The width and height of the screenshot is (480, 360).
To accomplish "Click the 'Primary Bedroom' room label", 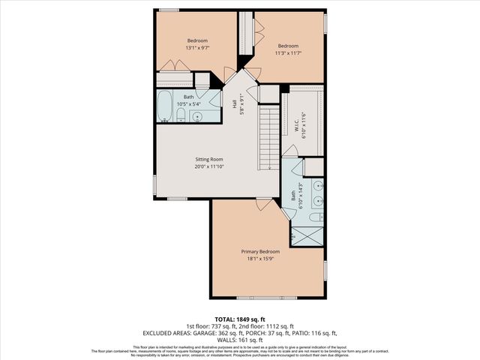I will click(x=260, y=251).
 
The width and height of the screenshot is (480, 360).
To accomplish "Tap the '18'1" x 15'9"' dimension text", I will click(x=260, y=259).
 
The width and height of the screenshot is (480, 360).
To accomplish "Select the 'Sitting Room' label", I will click(x=211, y=159).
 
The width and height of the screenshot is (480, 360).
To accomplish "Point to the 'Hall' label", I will click(x=234, y=108).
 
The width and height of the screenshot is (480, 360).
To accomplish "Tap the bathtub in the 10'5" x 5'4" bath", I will click(x=165, y=106).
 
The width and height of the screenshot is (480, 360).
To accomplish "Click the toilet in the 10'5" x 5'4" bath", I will click(x=181, y=115).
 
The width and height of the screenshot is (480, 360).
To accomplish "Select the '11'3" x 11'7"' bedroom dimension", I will click(x=289, y=52).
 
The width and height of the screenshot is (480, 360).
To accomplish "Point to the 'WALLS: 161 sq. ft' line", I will click(x=240, y=339).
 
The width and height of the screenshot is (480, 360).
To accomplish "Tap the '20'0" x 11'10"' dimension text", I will click(x=211, y=167).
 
